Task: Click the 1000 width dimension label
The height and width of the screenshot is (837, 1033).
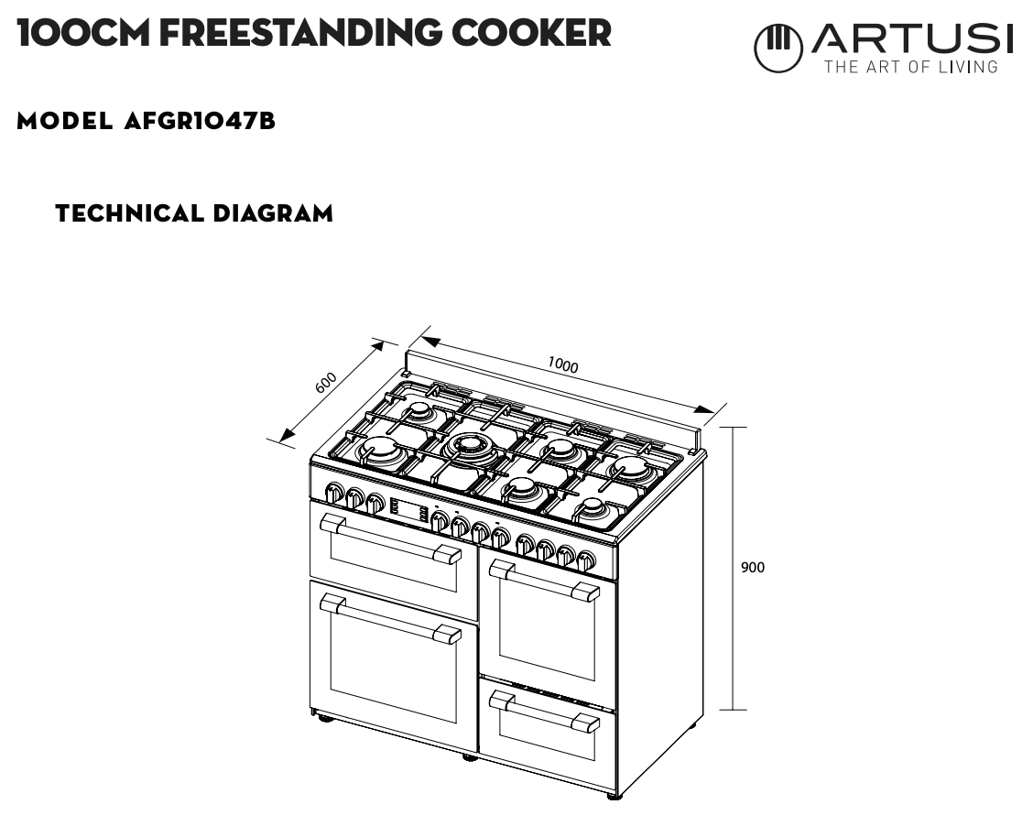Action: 563,365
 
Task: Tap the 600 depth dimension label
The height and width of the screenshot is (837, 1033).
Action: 326,383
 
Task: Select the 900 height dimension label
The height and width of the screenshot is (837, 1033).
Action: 753,568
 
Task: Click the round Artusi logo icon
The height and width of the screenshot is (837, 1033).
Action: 777,48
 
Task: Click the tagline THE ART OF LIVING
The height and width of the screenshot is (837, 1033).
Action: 910,67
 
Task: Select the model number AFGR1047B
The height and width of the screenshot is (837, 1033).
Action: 200,121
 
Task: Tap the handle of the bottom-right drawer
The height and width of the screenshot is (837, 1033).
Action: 544,712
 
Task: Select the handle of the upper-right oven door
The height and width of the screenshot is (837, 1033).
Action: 544,581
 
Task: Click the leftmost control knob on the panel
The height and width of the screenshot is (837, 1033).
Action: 335,495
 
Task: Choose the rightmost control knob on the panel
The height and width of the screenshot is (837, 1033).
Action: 586,560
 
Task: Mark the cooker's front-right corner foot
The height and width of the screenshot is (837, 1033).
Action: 614,796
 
